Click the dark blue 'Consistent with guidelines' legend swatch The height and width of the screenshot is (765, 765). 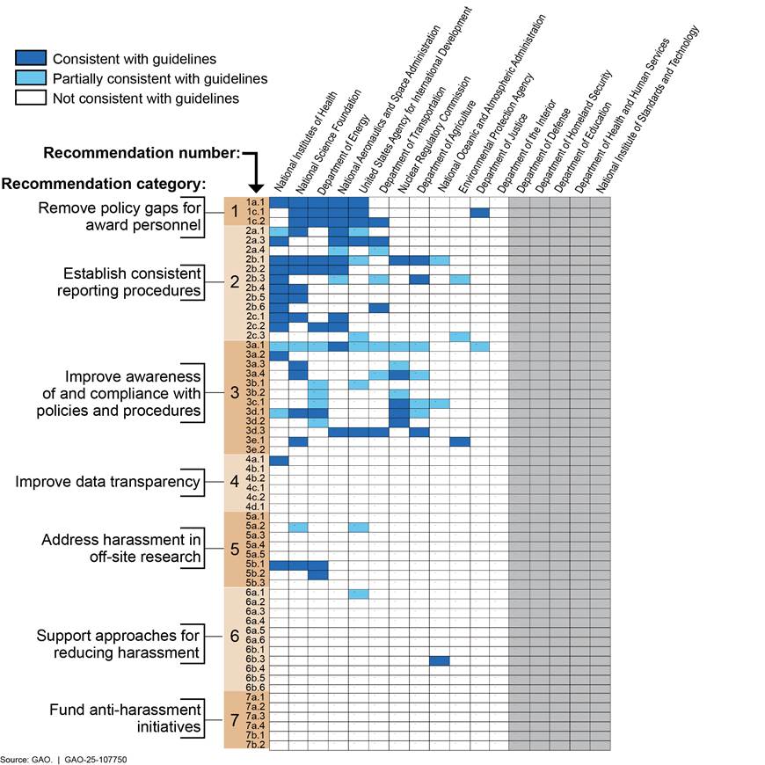[x=32, y=58]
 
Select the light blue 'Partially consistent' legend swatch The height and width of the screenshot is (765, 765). [x=32, y=78]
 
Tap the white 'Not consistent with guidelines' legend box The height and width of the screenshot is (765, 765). [x=32, y=98]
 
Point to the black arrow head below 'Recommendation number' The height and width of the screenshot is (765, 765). [x=255, y=186]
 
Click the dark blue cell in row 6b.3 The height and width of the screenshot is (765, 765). [x=440, y=660]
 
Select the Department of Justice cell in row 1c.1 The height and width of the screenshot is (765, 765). [x=479, y=212]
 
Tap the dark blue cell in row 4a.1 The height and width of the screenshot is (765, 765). [x=279, y=460]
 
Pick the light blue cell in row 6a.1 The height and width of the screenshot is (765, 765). [x=359, y=594]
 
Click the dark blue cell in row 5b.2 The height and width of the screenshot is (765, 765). [x=318, y=574]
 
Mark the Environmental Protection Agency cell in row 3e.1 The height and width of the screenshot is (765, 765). [x=459, y=441]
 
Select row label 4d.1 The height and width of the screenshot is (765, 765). [x=256, y=507]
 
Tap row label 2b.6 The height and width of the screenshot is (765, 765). [x=256, y=307]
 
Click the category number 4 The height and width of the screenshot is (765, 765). [x=234, y=483]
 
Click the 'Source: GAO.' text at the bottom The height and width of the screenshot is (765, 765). [x=25, y=757]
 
